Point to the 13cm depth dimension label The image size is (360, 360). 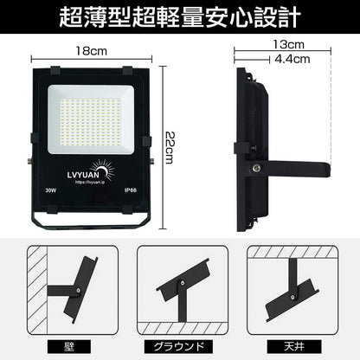(x=285, y=44)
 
